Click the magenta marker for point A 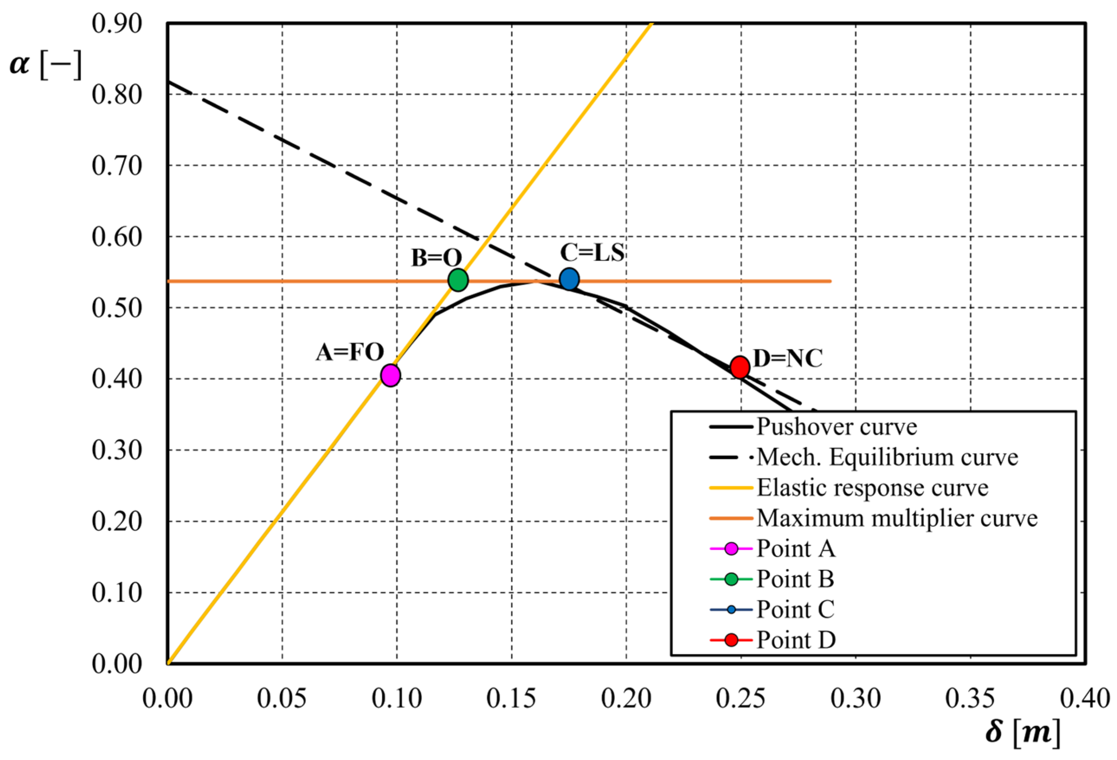point(390,375)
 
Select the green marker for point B point(458,280)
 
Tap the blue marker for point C point(569,279)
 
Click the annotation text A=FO point(349,353)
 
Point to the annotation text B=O point(436,258)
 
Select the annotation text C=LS point(592,253)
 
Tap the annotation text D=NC point(787,359)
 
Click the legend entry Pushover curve point(836,427)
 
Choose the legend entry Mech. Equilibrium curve point(887,457)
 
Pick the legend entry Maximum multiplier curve point(897,518)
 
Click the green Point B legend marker point(731,579)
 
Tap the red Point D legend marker point(731,640)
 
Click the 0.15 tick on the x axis point(511,699)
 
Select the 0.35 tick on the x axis point(970,699)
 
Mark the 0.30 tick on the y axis point(117,450)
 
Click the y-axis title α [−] point(46,65)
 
